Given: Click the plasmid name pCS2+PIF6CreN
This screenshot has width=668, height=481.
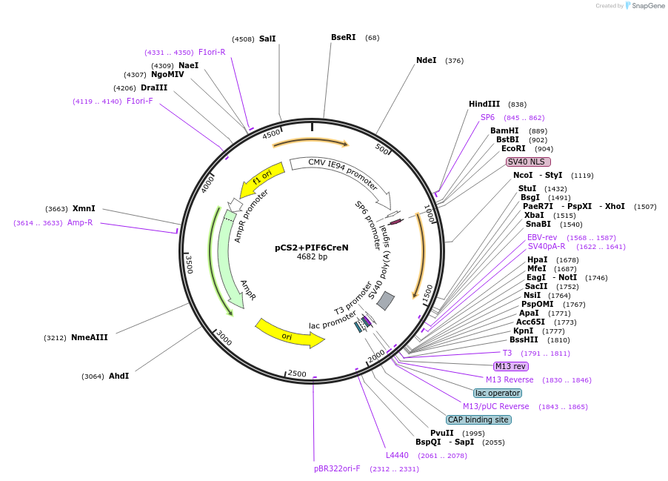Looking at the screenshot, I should [311, 248].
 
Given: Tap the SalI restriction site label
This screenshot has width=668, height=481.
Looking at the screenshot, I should [267, 39].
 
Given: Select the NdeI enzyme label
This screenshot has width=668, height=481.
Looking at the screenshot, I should [426, 61].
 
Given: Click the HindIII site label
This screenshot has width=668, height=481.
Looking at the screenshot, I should [484, 105].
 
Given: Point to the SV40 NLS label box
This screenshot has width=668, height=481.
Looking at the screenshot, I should [528, 162].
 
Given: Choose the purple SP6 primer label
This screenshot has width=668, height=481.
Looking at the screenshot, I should [487, 118].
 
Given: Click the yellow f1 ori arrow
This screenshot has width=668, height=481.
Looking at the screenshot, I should [261, 179].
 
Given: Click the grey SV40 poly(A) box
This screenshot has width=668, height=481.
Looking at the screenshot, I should [385, 300].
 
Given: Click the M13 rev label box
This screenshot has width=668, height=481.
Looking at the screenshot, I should [511, 366].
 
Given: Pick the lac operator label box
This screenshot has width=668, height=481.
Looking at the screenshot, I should [498, 393].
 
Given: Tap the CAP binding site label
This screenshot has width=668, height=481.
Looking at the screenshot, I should [478, 419].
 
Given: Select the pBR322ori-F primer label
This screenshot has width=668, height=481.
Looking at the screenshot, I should [337, 468].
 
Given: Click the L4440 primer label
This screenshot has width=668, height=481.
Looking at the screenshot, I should [397, 455].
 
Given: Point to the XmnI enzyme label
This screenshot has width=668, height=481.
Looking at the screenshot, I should [84, 209].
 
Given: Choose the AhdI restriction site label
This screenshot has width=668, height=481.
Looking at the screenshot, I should [118, 376].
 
